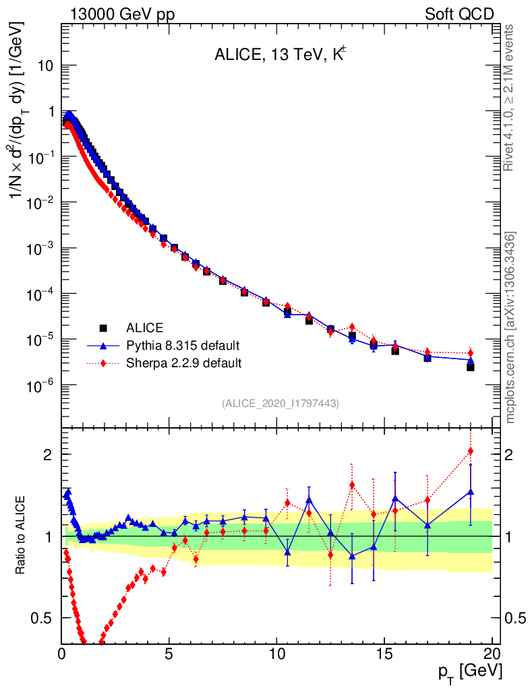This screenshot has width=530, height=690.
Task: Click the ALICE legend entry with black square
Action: pyautogui.click(x=144, y=328)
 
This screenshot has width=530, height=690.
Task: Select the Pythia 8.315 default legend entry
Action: pyautogui.click(x=183, y=346)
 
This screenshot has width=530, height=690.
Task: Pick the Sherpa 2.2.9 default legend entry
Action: pyautogui.click(x=184, y=363)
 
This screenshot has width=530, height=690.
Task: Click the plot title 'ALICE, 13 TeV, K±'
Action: pyautogui.click(x=281, y=56)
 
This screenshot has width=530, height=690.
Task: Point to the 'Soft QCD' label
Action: pyautogui.click(x=459, y=14)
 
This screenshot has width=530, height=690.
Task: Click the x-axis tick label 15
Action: pyautogui.click(x=384, y=653)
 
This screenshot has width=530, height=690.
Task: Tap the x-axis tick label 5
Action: pyautogui.click(x=169, y=653)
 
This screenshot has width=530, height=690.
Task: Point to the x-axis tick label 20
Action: pyautogui.click(x=492, y=653)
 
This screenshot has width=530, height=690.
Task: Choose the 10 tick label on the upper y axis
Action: pyautogui.click(x=47, y=66)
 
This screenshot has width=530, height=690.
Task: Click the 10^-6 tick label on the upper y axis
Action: pyautogui.click(x=42, y=385)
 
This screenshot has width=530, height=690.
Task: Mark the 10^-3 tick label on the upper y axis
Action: pyautogui.click(x=42, y=249)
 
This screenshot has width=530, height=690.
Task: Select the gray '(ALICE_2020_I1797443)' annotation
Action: pyautogui.click(x=280, y=403)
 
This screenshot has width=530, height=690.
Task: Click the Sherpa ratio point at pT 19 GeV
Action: pyautogui.click(x=471, y=451)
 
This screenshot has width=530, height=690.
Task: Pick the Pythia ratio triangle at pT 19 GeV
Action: pyautogui.click(x=471, y=492)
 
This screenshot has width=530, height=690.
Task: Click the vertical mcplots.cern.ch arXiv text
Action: pyautogui.click(x=511, y=327)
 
